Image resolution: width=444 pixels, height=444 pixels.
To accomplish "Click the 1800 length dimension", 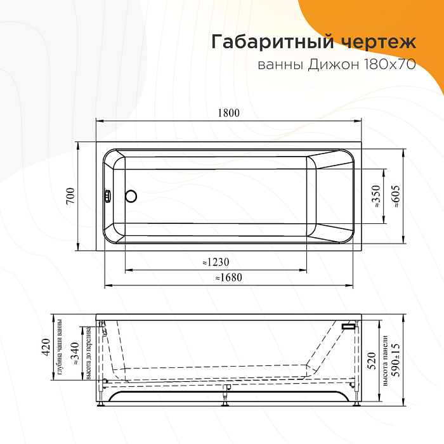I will pos(229,113).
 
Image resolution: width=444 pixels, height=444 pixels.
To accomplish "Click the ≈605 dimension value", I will pos(396,197).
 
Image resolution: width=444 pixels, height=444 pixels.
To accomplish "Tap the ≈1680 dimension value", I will pos(228,277).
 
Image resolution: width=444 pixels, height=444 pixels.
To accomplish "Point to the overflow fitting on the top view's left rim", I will pos(108,196).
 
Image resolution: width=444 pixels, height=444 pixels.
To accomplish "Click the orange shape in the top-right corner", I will pos(393,16).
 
